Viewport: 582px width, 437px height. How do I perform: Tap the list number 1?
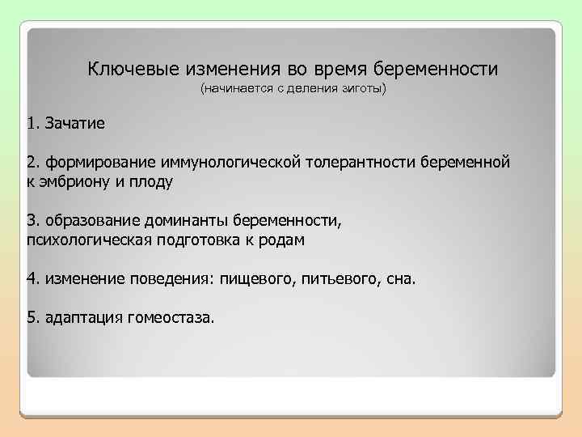[x=32, y=125]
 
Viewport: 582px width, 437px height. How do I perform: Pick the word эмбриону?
[x=75, y=182]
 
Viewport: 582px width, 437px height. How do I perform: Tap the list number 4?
[x=32, y=279]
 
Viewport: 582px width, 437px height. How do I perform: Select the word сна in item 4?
[x=400, y=279]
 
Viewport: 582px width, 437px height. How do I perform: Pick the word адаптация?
[x=81, y=318]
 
